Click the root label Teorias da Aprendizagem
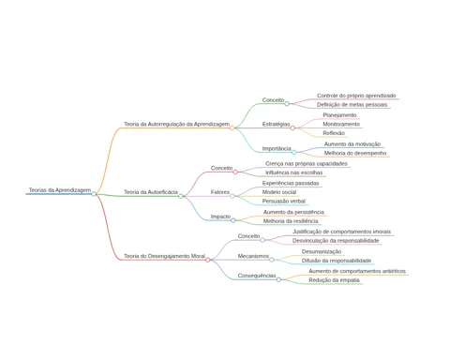pyautogui.click(x=60, y=190)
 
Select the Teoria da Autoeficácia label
pyautogui.click(x=151, y=192)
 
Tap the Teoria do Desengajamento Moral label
pyautogui.click(x=164, y=256)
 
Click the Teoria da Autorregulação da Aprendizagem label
pyautogui.click(x=176, y=124)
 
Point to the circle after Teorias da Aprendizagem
pyautogui.click(x=94, y=194)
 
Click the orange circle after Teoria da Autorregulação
pyautogui.click(x=232, y=127)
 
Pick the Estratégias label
pyautogui.click(x=277, y=124)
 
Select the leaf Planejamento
pyautogui.click(x=339, y=115)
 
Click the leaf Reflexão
pyautogui.click(x=334, y=133)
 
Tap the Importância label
pyautogui.click(x=277, y=148)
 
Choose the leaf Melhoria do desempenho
pyautogui.click(x=355, y=153)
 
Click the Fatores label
pyautogui.click(x=220, y=192)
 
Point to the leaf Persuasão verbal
pyautogui.click(x=284, y=201)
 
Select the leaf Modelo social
pyautogui.click(x=279, y=192)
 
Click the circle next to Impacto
pyautogui.click(x=233, y=220)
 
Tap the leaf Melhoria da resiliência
pyautogui.click(x=291, y=221)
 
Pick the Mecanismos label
pyautogui.click(x=253, y=256)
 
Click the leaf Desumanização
pyautogui.click(x=322, y=251)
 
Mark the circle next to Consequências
pyautogui.click(x=278, y=279)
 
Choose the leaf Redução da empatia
pyautogui.click(x=335, y=280)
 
